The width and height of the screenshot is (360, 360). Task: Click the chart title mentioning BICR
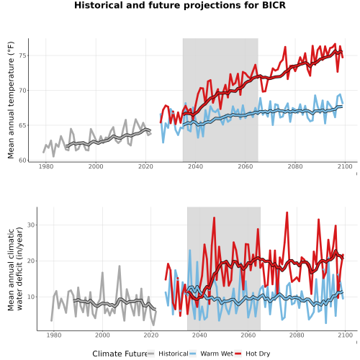point(180,5)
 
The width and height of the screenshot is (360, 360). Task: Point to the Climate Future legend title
point(120,354)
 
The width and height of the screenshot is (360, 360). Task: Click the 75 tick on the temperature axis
point(23,55)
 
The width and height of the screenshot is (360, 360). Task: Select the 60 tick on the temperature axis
point(23,161)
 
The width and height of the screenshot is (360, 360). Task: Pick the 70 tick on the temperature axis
point(23,91)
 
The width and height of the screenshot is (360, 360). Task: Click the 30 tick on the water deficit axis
point(32,225)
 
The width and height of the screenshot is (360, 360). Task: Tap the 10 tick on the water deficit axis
point(32,297)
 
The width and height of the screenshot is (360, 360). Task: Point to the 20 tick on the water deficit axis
point(32,261)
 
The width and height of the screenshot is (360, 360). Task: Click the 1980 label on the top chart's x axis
point(46,166)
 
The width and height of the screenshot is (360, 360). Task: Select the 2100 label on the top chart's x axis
point(345,166)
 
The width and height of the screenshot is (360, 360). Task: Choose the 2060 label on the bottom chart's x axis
point(248,335)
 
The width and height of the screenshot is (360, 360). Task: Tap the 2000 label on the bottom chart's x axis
point(102,335)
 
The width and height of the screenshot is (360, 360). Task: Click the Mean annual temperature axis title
point(11,100)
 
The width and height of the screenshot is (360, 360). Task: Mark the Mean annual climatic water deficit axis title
point(15,269)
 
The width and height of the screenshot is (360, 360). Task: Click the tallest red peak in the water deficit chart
point(287,212)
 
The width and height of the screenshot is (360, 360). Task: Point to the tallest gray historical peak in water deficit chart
point(120,266)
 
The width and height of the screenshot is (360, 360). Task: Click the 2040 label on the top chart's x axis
point(195,166)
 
